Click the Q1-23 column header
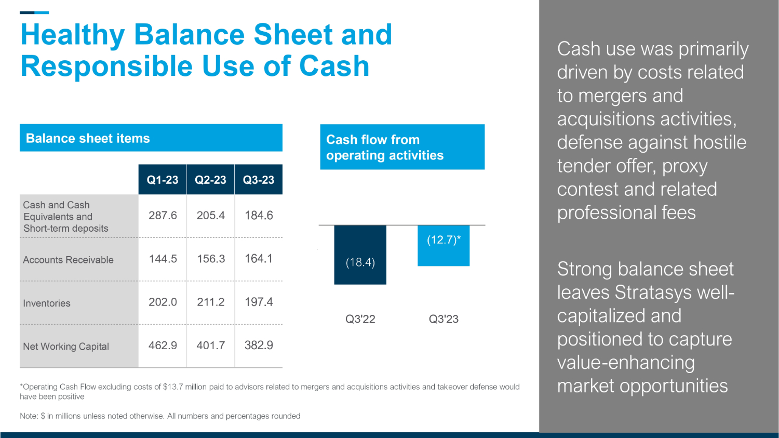(163, 180)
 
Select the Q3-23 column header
(259, 180)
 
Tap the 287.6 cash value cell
(163, 215)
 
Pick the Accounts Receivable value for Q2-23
(211, 259)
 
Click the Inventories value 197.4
(259, 302)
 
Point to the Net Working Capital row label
(66, 347)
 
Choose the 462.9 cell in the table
(163, 346)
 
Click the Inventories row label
(47, 303)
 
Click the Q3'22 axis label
(360, 319)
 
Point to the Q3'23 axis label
(444, 319)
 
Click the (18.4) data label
(360, 262)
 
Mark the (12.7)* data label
(444, 240)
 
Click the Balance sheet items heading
(88, 138)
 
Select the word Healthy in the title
(72, 35)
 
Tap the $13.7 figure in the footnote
(172, 387)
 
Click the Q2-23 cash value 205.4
(211, 215)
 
